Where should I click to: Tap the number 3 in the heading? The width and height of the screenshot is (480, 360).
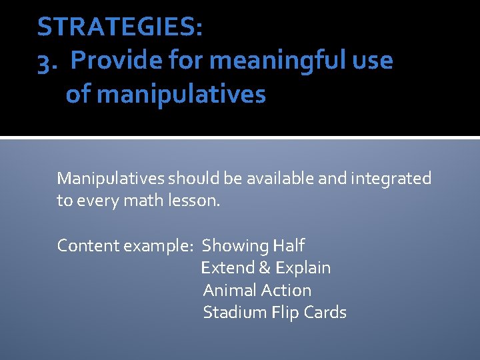pos(45,61)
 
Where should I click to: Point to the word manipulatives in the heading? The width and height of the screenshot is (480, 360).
pos(181,95)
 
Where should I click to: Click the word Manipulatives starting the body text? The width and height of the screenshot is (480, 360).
pos(111,179)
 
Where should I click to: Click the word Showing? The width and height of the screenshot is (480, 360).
pos(235,245)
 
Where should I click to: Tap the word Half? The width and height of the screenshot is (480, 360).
pos(288,245)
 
